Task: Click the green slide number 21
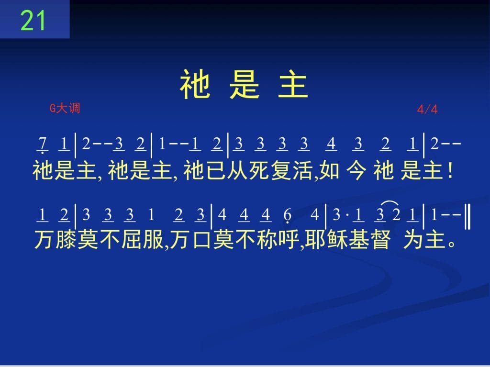pyautogui.click(x=33, y=20)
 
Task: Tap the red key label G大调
pyautogui.click(x=65, y=108)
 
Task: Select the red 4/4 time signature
pyautogui.click(x=427, y=109)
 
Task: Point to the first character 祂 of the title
pyautogui.click(x=195, y=84)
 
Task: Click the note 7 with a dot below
pyautogui.click(x=43, y=145)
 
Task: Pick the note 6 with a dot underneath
pyautogui.click(x=287, y=216)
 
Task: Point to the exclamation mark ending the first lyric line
pyautogui.click(x=450, y=171)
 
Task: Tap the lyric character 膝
pyautogui.click(x=66, y=239)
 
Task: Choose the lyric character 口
pyautogui.click(x=201, y=240)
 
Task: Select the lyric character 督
pyautogui.click(x=380, y=239)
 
